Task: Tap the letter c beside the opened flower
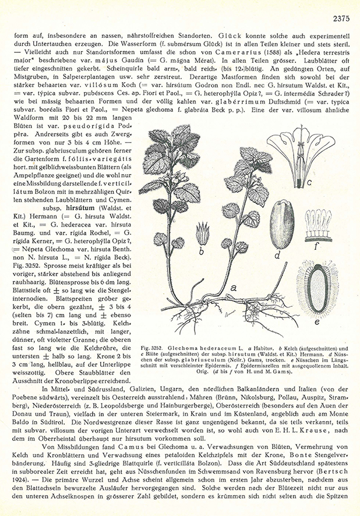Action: click(310, 183)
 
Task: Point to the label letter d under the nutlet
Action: click(278, 254)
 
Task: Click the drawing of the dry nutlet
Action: click(284, 222)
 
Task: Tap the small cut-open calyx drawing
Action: click(204, 232)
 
